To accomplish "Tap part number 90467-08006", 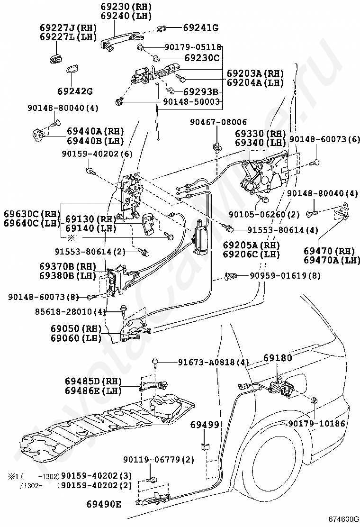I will tap(218, 122).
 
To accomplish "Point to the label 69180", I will tap(278, 358).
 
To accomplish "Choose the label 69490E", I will tap(103, 504).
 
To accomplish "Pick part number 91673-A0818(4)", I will tap(213, 363).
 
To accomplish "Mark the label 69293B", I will tap(200, 91).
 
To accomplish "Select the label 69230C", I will tap(202, 58).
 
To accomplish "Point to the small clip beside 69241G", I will tap(162, 27).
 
